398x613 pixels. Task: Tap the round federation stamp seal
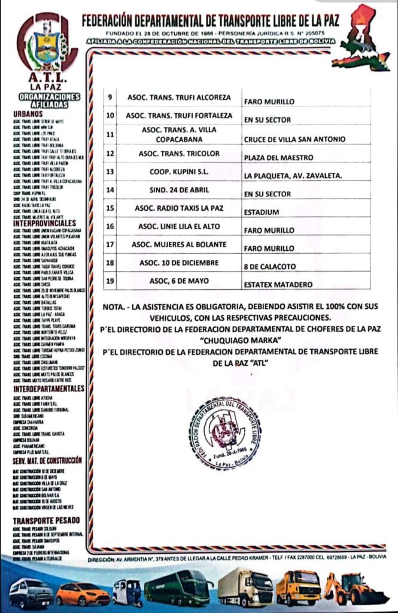pos(226,432)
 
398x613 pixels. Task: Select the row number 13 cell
pos(110,172)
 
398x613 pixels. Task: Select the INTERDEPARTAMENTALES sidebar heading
pos(47,389)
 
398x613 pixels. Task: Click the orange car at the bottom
pos(83,593)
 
